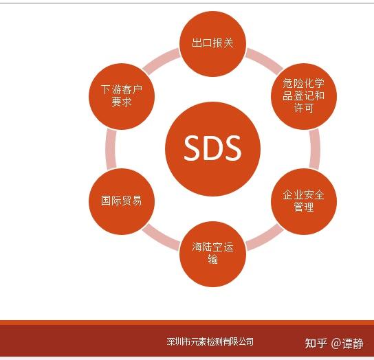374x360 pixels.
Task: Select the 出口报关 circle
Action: click(x=213, y=43)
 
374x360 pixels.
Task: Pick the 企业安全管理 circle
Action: click(x=304, y=201)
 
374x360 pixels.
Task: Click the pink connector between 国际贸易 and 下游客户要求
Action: click(x=111, y=148)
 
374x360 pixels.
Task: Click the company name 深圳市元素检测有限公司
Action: click(x=210, y=341)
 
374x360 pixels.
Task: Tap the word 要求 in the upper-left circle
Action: click(x=122, y=102)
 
